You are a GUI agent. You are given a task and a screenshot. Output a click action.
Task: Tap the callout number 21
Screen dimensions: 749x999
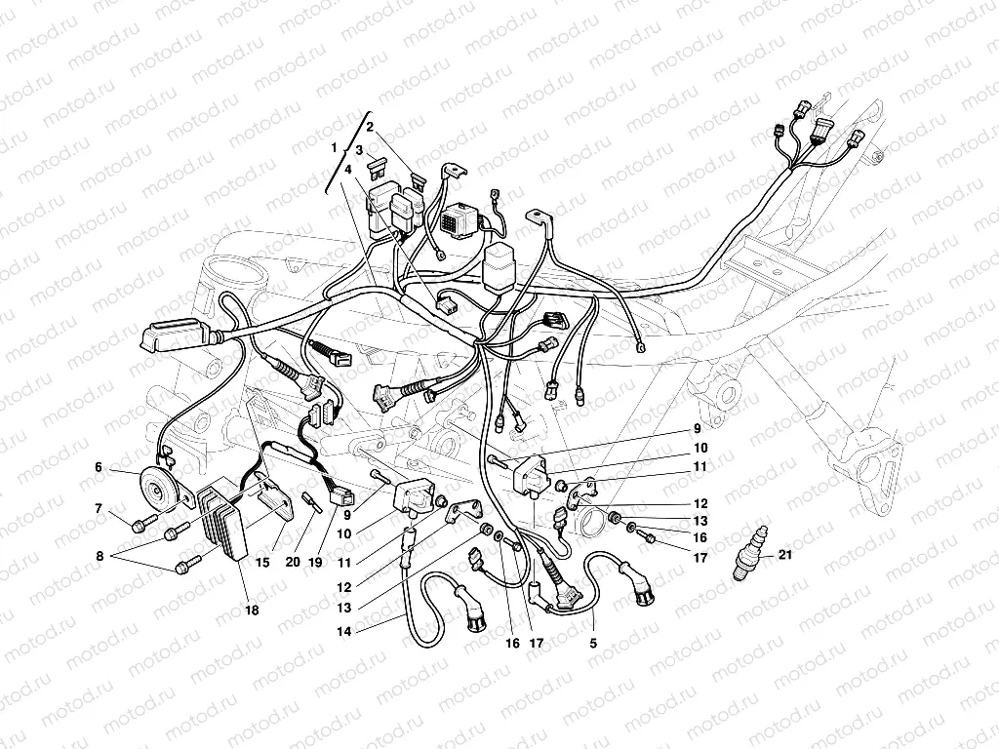[x=787, y=556]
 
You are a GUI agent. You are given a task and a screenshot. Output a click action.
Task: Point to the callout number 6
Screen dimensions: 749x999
[x=99, y=467]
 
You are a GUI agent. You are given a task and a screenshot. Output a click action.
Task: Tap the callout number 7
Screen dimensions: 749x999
[x=99, y=508]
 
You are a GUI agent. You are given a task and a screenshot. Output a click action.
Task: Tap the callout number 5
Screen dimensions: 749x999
[x=593, y=644]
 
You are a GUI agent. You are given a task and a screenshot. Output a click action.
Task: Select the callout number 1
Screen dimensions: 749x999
[x=334, y=146]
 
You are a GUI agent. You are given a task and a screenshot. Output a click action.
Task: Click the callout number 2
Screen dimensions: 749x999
[x=371, y=127]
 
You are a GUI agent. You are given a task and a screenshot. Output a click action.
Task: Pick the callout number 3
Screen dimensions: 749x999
[x=359, y=150]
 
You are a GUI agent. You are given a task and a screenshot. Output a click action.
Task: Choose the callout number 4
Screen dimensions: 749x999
[x=347, y=169]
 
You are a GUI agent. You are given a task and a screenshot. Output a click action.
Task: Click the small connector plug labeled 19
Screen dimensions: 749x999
[x=342, y=495]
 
